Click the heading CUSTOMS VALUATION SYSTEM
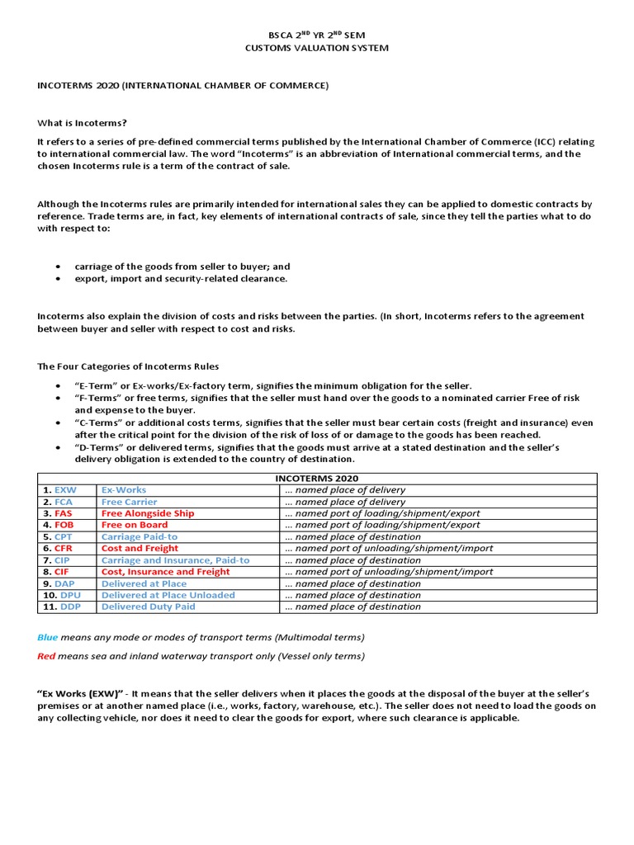click(317, 48)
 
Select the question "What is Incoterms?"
click(83, 122)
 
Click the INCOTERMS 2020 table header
click(317, 478)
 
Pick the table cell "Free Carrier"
click(129, 502)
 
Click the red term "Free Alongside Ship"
click(148, 513)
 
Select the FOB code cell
click(64, 525)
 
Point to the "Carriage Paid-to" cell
click(139, 536)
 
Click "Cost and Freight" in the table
click(140, 548)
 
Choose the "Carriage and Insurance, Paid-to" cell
click(175, 559)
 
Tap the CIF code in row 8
click(62, 571)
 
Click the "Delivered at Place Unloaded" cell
click(168, 595)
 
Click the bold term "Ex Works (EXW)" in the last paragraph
click(80, 693)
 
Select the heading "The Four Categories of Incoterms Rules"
click(128, 366)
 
